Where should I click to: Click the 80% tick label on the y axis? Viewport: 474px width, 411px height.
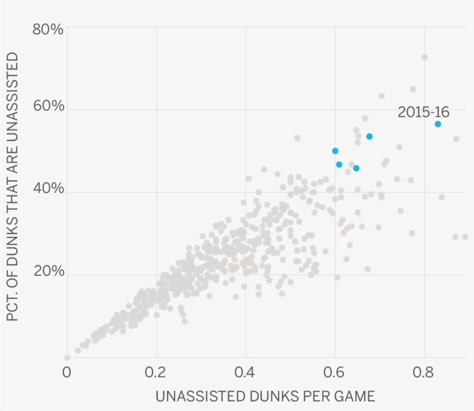[47, 29]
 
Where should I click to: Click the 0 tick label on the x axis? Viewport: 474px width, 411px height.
[67, 372]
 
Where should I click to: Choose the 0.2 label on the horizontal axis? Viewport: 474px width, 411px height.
[156, 372]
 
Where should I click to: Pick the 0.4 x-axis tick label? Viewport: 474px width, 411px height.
[245, 372]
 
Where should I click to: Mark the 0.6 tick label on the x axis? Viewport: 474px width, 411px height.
[335, 372]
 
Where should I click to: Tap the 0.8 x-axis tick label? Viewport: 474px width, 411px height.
[424, 372]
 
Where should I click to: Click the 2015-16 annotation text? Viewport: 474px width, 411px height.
[423, 112]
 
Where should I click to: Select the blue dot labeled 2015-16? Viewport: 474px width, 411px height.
[438, 124]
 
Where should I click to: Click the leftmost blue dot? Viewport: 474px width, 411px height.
[335, 151]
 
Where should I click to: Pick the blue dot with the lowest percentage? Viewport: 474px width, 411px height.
[356, 168]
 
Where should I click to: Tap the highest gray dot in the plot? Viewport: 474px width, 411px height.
[424, 57]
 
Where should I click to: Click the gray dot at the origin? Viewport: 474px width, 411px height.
[67, 358]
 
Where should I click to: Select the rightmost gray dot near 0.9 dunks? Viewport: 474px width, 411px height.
[465, 237]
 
